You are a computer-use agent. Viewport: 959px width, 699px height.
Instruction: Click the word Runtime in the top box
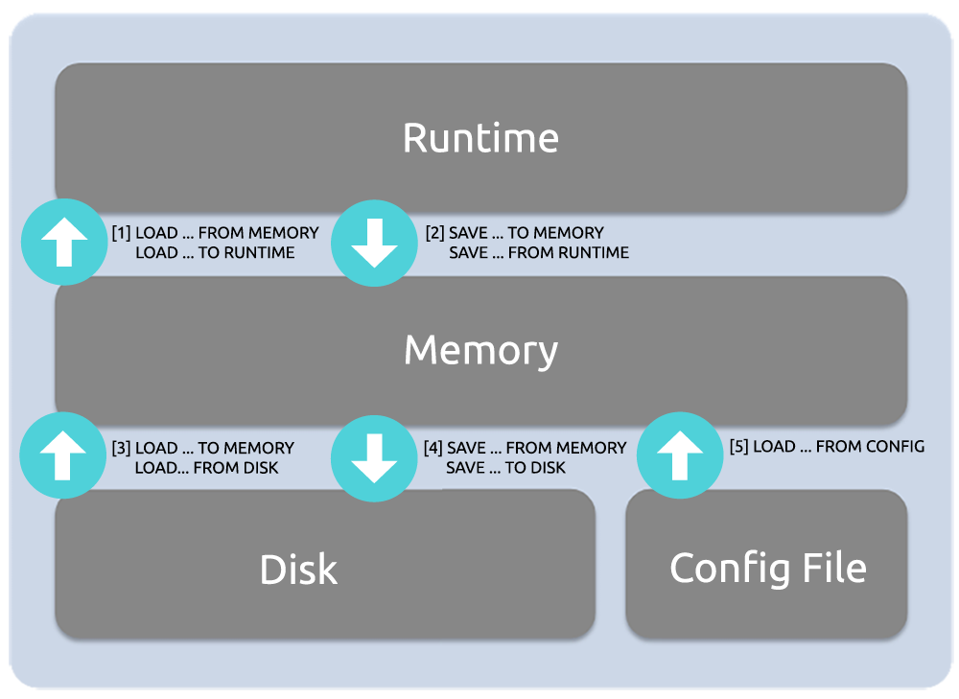point(480,138)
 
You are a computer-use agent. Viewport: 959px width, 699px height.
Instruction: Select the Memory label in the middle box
point(480,350)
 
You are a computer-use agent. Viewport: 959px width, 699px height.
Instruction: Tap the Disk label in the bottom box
point(298,570)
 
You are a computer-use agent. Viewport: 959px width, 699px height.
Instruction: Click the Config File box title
point(767,568)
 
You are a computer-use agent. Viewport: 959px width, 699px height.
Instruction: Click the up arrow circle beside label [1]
point(63,243)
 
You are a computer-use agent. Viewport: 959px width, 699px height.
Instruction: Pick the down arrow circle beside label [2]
point(373,244)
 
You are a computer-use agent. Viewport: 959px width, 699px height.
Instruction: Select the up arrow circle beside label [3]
point(63,457)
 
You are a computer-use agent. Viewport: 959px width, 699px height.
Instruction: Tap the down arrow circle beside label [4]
point(373,458)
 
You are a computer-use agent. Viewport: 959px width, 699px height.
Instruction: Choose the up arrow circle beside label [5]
point(680,454)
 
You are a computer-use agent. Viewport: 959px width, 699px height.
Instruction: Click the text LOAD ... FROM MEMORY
point(227,233)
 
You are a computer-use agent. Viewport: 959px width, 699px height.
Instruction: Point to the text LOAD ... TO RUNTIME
point(215,253)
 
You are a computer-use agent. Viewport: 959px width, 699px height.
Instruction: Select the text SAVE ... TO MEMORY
point(526,233)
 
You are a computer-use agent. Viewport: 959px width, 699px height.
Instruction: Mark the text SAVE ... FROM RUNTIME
point(539,253)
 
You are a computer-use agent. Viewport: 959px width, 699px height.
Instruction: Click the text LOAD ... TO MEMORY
point(215,448)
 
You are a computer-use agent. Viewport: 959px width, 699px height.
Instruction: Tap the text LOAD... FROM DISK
point(207,468)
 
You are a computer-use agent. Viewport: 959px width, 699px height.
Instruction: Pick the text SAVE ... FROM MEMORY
point(536,448)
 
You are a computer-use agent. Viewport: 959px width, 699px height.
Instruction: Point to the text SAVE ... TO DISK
point(505,468)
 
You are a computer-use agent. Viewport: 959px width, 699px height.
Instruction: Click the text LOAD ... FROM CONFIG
point(839,446)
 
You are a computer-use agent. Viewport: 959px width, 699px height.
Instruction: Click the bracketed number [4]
point(433,448)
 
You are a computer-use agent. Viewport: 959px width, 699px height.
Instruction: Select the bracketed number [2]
point(434,233)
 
